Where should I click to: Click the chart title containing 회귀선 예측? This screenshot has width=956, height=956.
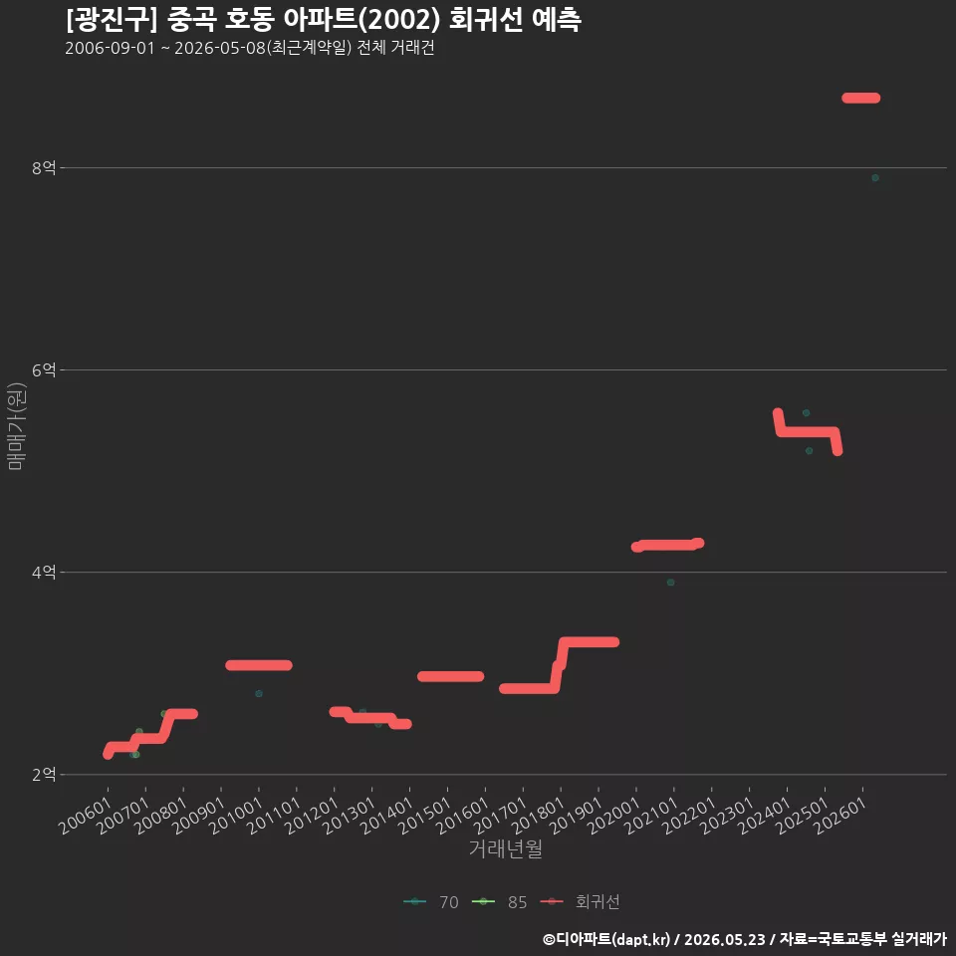coord(323,20)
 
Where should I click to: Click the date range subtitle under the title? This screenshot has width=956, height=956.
coord(249,48)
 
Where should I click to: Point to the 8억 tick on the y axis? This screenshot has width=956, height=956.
coord(44,167)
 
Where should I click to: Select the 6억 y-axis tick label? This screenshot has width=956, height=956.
coord(44,370)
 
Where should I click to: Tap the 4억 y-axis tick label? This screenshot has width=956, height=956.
coord(44,573)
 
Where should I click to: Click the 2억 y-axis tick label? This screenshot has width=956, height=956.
coord(44,775)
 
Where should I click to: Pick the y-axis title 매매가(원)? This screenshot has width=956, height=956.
coord(16,427)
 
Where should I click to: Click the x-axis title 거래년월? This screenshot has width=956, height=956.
coord(506,848)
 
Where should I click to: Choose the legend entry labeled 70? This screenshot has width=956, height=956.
coord(430,902)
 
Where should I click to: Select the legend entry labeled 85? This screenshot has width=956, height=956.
coord(499,902)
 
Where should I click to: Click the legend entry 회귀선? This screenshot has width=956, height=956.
coord(580,902)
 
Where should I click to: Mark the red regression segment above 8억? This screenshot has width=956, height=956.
coord(860,99)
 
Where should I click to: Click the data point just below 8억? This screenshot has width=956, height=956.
coord(875,178)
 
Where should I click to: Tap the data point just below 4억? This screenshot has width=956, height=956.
coord(670,583)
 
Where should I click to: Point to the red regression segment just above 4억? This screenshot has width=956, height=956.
coord(667,545)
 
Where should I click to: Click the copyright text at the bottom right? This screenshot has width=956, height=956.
coord(745,939)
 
